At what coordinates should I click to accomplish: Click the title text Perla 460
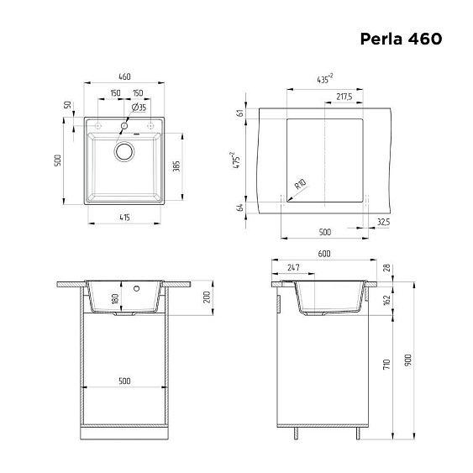pos(401,39)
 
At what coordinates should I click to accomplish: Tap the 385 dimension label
pos(176,166)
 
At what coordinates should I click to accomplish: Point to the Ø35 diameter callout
pos(139,108)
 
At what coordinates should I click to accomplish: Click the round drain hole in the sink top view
pos(124,152)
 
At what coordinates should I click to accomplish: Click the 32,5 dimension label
pos(384,222)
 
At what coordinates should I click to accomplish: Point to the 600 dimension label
pos(324,253)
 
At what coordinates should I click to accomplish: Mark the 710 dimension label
pos(386,366)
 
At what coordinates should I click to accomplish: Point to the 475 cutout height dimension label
pos(239,160)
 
